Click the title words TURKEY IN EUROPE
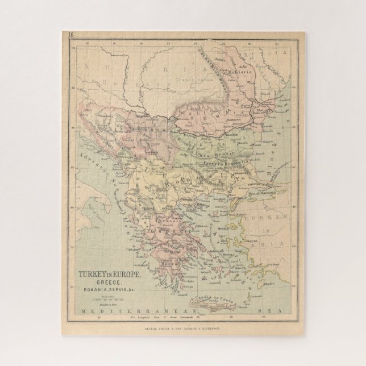click(103, 271)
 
